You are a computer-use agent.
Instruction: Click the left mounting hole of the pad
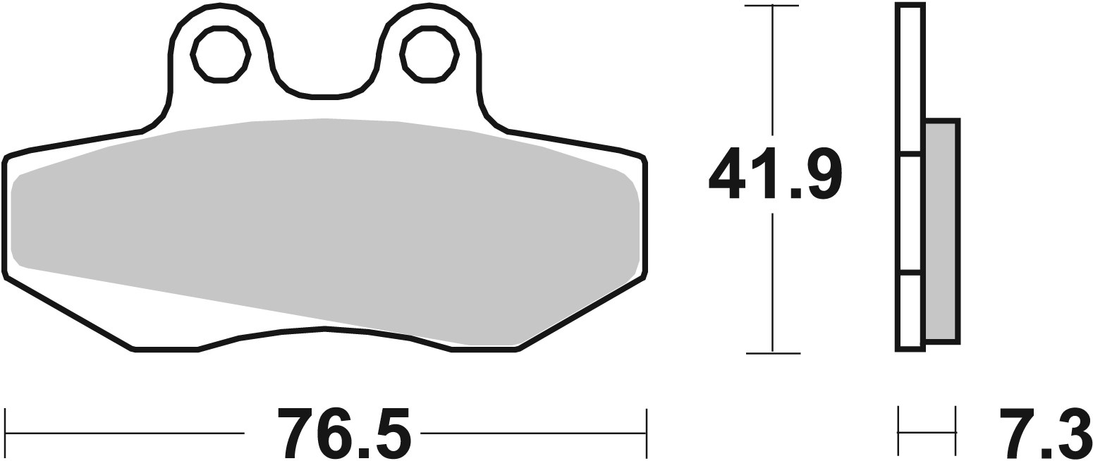220,55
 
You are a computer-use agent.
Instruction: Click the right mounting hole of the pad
429,55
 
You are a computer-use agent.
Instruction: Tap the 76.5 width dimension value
344,433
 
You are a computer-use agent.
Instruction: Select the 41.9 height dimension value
774,173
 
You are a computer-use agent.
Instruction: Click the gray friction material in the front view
324,226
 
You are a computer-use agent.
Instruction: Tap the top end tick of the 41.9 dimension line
773,6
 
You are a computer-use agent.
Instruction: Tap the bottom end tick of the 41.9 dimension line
773,352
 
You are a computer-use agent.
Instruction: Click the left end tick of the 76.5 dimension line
6,432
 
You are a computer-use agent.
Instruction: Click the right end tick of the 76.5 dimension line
646,432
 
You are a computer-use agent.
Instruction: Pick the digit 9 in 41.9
823,173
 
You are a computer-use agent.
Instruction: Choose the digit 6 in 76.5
335,433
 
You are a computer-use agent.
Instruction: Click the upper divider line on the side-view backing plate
910,153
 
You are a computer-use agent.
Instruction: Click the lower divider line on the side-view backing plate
910,272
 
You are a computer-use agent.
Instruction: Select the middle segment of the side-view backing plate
910,212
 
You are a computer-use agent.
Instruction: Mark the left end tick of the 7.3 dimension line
898,431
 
